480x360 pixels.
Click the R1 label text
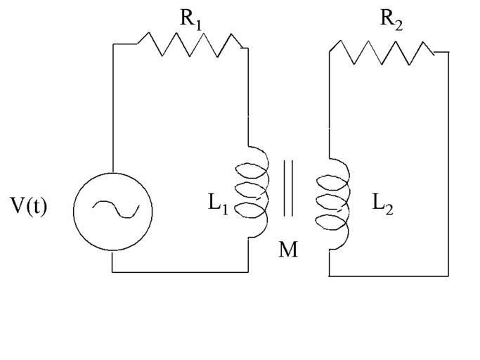[x=190, y=19]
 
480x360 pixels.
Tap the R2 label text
[x=391, y=19]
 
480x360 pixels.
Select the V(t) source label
[x=29, y=207]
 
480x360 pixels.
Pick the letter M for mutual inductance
[x=288, y=249]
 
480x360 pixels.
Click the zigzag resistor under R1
[x=190, y=44]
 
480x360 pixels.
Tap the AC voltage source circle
[x=112, y=211]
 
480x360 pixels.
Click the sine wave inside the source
[x=113, y=209]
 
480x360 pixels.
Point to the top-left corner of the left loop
[x=113, y=44]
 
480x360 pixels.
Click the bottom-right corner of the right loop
[x=448, y=276]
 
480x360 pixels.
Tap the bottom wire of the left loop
[x=180, y=271]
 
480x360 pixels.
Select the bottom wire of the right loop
[x=388, y=276]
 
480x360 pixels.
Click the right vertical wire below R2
[x=448, y=162]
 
